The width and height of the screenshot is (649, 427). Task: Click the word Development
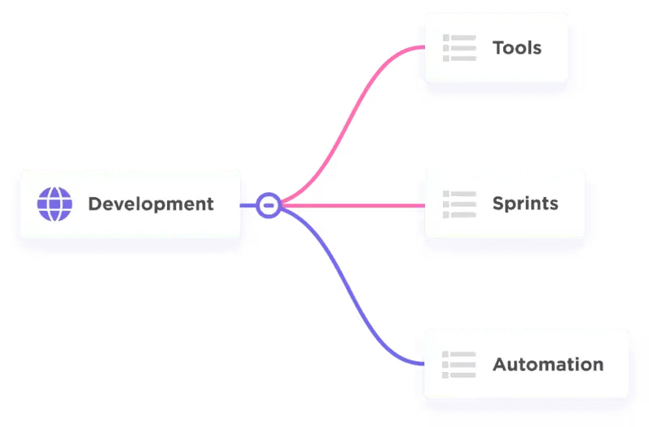tap(151, 204)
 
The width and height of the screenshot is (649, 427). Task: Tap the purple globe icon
tap(54, 204)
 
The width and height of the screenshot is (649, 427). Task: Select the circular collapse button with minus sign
tap(269, 206)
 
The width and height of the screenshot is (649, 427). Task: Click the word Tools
tap(517, 48)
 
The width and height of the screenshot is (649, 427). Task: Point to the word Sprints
tap(525, 204)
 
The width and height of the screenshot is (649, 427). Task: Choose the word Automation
tap(548, 365)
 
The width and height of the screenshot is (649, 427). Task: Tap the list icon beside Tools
tap(459, 48)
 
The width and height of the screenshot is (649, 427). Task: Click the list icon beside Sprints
tap(459, 204)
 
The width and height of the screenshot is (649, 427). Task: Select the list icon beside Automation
tap(459, 365)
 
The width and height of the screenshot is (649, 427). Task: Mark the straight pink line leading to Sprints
tap(354, 206)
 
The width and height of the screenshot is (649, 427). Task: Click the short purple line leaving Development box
tap(248, 206)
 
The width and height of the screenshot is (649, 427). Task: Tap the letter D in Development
tap(96, 204)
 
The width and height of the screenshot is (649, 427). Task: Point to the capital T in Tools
tap(499, 48)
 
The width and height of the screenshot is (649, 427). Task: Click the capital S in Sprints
tap(499, 203)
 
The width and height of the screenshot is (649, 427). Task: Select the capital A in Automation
tap(501, 365)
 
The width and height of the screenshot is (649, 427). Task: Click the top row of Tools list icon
tap(459, 37)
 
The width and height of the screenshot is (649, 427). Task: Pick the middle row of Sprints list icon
tap(459, 204)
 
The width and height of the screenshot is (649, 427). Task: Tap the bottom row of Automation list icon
tap(459, 375)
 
